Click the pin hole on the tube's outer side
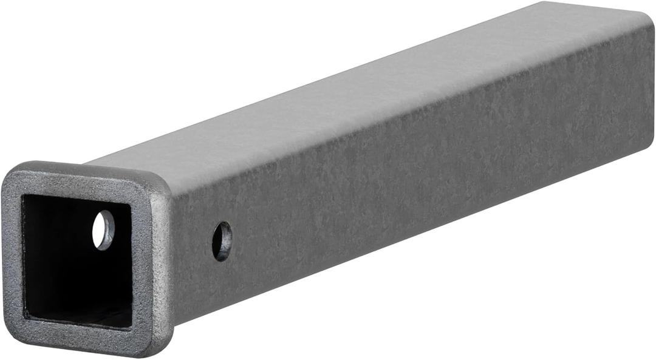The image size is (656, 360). [222, 241]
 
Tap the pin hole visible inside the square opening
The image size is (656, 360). [103, 230]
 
